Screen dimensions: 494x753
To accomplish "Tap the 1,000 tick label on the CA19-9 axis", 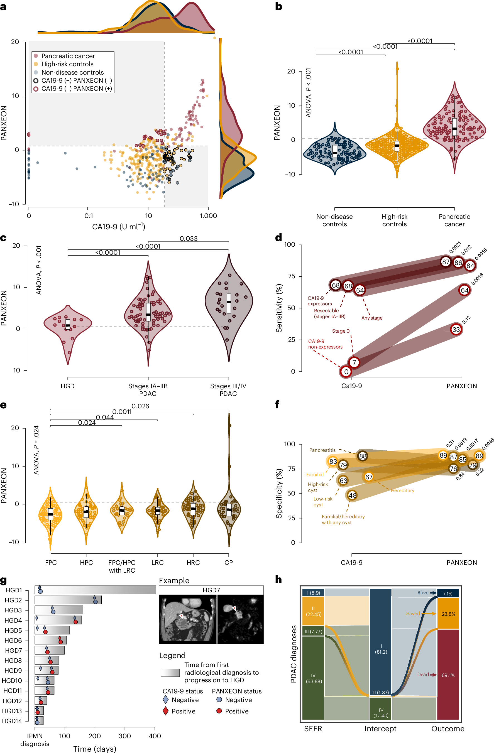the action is [x=208, y=216].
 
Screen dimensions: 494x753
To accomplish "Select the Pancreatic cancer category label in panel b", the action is [x=454, y=220].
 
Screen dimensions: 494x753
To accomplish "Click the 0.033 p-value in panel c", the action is [x=189, y=238].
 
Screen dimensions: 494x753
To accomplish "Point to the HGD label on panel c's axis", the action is [x=68, y=386].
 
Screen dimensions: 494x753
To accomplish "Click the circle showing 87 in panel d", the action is [x=446, y=262].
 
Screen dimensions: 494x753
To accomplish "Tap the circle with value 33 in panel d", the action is [x=456, y=329].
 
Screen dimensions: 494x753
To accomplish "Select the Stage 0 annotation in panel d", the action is [x=341, y=331].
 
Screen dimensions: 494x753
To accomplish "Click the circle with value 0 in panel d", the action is [x=346, y=372].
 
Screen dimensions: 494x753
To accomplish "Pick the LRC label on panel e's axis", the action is [x=157, y=563].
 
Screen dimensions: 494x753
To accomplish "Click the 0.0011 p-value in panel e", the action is [x=122, y=412].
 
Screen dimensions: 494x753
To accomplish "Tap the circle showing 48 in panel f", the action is [x=352, y=496].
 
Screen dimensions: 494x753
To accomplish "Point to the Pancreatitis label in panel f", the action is [x=322, y=450].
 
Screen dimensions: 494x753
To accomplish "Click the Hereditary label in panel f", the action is [x=402, y=490].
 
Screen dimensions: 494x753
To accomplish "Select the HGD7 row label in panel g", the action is [x=13, y=651].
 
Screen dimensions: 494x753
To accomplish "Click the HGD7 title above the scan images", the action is [x=211, y=590].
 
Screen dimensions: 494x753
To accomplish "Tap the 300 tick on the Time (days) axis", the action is [x=125, y=736].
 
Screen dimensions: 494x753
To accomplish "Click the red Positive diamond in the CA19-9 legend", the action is [x=165, y=711].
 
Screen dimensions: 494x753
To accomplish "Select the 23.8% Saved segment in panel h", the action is [x=448, y=614].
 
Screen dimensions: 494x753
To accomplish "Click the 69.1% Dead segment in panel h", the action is [x=448, y=675].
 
